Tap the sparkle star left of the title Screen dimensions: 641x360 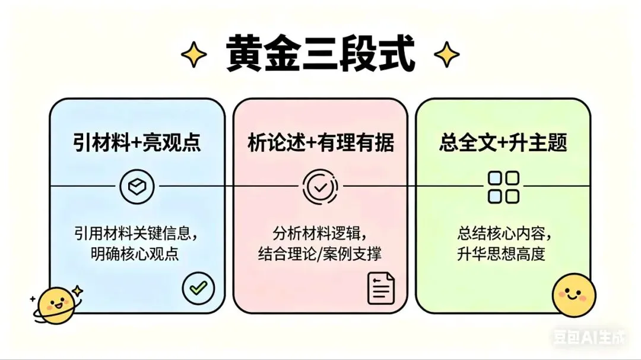194,55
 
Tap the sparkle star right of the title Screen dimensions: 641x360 446,55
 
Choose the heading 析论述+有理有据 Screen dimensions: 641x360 320,143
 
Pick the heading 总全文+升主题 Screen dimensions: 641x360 503,143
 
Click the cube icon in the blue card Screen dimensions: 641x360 137,187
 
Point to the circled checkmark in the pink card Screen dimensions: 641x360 320,187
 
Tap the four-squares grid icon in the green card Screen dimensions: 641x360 503,187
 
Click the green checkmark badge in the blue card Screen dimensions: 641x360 198,288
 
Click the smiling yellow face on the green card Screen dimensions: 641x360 574,294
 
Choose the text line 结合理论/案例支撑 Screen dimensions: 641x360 320,254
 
